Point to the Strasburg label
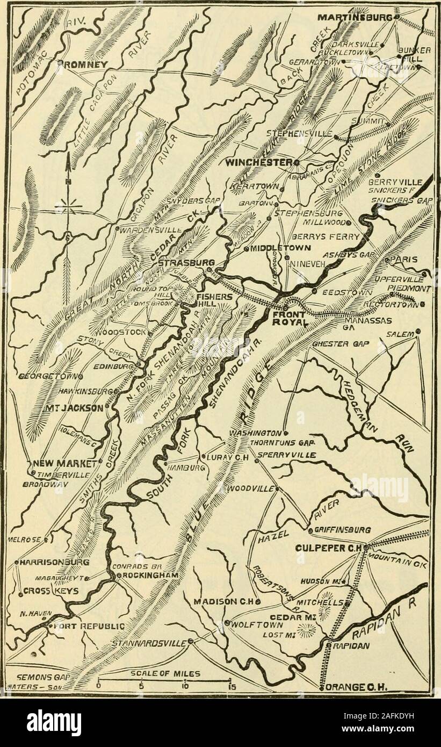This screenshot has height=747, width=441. coord(183,264)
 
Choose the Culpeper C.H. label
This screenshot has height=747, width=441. coord(329,548)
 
